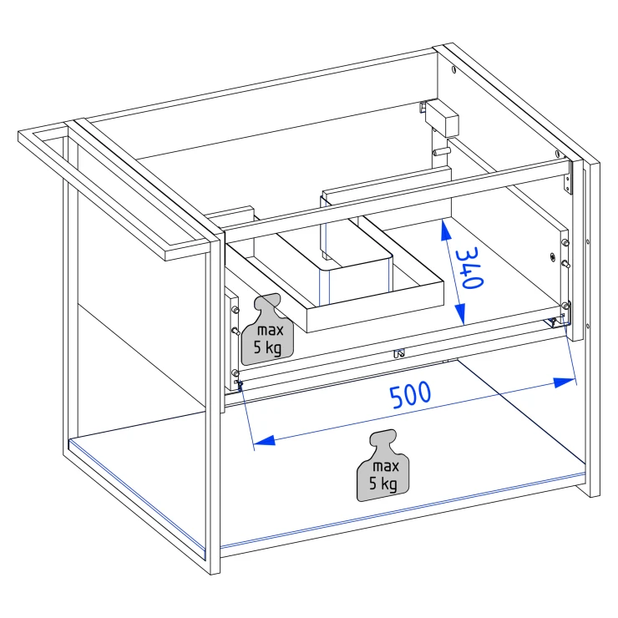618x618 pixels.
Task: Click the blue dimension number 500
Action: (x=410, y=394)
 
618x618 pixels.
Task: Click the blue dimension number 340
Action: (x=469, y=268)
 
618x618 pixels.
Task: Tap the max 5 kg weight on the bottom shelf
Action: (x=383, y=465)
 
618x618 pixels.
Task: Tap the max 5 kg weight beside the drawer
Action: (x=267, y=330)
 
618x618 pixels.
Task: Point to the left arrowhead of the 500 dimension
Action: (x=264, y=441)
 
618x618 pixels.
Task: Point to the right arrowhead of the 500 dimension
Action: (x=565, y=382)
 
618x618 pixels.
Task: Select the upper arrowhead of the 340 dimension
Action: (x=446, y=230)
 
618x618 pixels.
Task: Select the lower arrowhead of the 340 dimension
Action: (x=460, y=314)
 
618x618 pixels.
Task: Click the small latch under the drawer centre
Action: (x=399, y=353)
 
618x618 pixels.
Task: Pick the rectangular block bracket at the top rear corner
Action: (x=443, y=118)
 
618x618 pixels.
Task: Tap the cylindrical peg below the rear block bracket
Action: (x=443, y=151)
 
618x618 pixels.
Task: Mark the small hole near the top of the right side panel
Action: (x=454, y=70)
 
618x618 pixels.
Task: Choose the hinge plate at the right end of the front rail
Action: (x=568, y=179)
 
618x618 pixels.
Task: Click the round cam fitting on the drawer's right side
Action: (x=553, y=257)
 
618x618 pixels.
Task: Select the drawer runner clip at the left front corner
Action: (x=239, y=386)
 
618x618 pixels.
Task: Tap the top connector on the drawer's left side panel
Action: (x=236, y=310)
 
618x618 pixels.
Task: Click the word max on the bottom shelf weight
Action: (x=386, y=466)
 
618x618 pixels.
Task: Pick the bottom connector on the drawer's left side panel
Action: (x=236, y=372)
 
